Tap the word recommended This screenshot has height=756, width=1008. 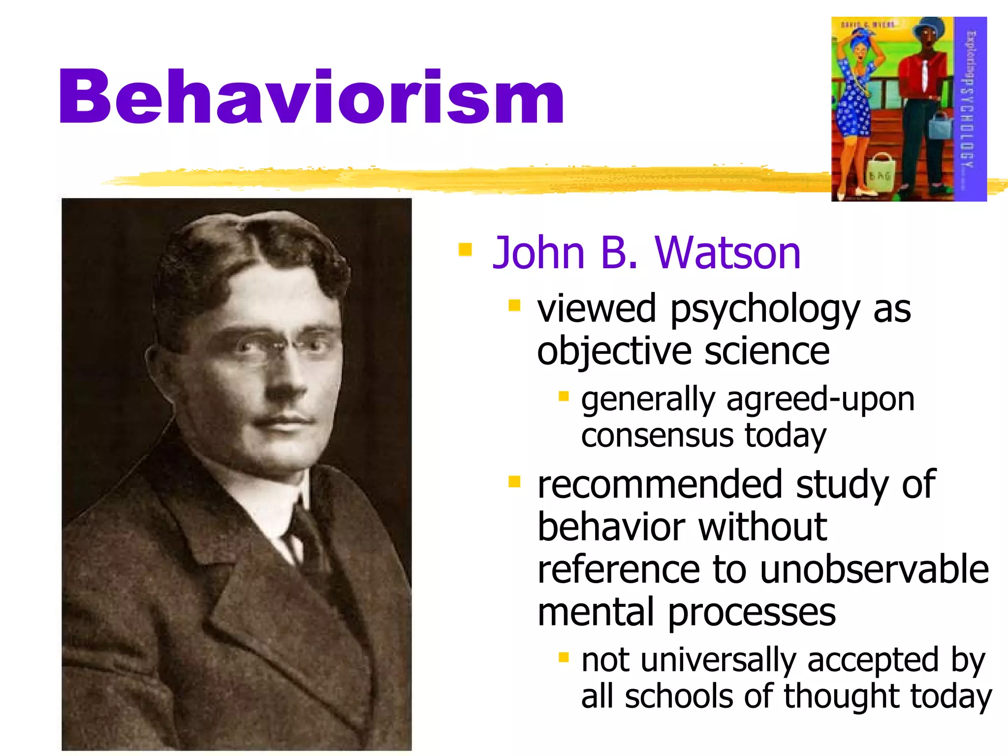click(660, 484)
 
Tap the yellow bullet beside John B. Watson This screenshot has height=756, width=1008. click(465, 250)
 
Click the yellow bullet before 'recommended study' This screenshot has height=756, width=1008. click(514, 481)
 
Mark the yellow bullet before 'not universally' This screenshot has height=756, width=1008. click(564, 657)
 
